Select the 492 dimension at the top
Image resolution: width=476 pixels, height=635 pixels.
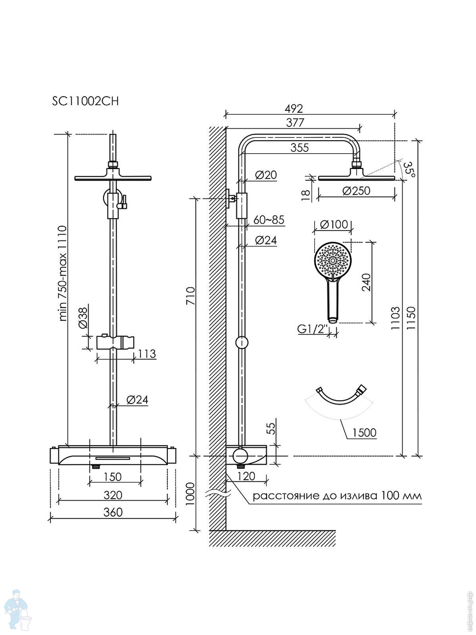[x=294, y=108]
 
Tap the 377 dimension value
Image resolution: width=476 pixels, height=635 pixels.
[x=295, y=123]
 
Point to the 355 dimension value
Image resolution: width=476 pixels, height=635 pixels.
[x=299, y=148]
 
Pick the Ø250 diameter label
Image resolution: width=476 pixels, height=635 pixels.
[x=356, y=191]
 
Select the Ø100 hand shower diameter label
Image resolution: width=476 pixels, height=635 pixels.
[x=334, y=224]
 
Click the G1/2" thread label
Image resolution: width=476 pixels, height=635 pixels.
[x=313, y=329]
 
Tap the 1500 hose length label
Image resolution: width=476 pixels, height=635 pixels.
[x=364, y=433]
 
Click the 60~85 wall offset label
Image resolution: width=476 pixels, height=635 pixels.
[x=269, y=220]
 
